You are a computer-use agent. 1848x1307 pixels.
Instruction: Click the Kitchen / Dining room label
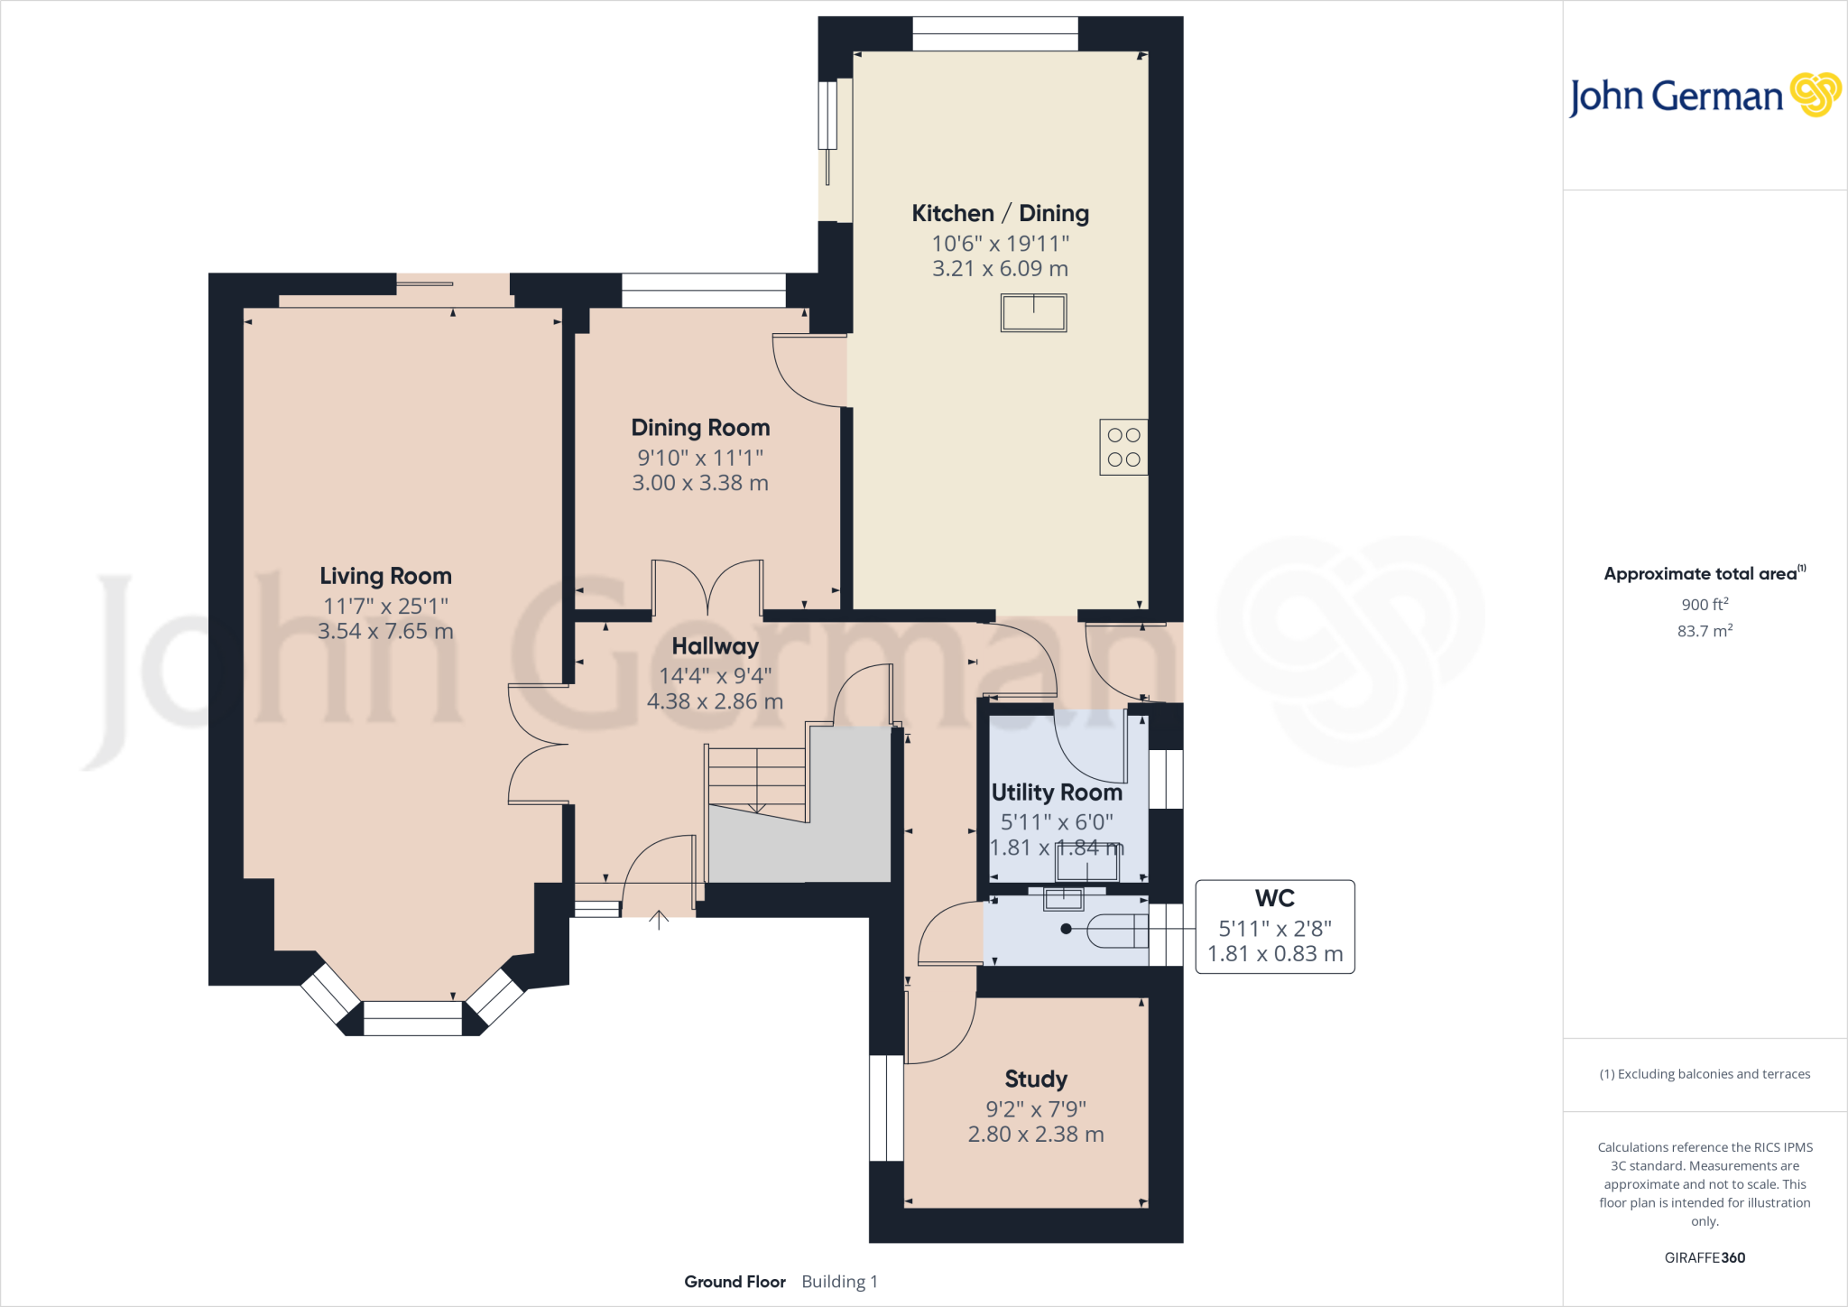coord(1000,214)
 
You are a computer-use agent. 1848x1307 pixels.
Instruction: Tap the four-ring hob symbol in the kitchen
coord(1123,447)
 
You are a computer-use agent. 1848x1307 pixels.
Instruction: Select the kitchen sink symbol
coord(1033,313)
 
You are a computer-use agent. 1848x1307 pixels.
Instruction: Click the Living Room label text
coord(385,576)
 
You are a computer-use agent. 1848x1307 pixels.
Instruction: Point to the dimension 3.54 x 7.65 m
coord(385,631)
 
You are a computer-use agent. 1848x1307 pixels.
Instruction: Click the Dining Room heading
coord(700,428)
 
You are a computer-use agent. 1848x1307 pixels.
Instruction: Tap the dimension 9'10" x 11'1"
coord(700,458)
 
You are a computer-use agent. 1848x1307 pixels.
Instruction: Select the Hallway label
coord(715,646)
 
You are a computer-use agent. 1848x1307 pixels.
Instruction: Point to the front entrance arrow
coord(659,920)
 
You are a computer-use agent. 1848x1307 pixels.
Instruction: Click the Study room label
coord(1036,1080)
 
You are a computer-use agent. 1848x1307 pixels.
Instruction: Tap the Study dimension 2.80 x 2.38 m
coord(1036,1135)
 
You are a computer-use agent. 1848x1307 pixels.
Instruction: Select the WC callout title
coord(1274,899)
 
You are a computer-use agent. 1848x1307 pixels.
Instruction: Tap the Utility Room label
coord(1057,793)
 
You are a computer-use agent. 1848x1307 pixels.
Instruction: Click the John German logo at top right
coord(1704,96)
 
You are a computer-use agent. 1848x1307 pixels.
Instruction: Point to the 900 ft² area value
coord(1705,605)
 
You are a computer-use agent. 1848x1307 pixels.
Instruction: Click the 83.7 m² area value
coord(1705,631)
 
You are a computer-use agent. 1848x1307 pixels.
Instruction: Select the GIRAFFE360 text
coord(1705,1257)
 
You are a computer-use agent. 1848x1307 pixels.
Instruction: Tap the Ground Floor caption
coord(735,1282)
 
